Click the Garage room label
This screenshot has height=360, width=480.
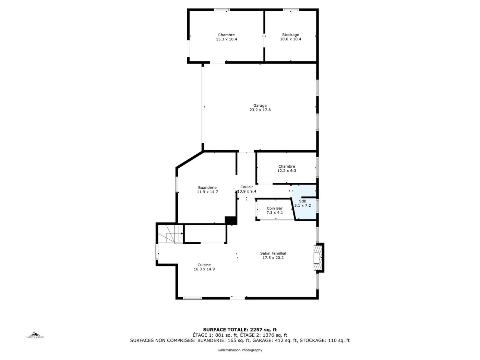pos(260,106)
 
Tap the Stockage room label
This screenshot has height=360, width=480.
pos(290,35)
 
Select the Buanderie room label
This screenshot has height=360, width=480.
pos(207,188)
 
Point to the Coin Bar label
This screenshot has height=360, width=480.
pos(274,208)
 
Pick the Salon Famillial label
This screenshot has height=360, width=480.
pos(273,253)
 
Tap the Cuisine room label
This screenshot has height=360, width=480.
pos(204,265)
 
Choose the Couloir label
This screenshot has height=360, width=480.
pos(247,187)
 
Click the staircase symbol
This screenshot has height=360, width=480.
pos(170,233)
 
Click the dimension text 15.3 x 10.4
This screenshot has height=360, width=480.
pos(226,39)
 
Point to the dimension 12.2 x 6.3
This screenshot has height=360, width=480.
pos(287,171)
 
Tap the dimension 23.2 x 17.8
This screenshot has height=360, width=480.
pos(260,110)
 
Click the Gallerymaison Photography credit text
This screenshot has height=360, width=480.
pos(240,350)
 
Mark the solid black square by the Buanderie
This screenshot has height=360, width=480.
pos(231,220)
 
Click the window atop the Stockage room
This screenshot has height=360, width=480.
pos(291,10)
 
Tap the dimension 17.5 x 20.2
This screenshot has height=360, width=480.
pos(273,258)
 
